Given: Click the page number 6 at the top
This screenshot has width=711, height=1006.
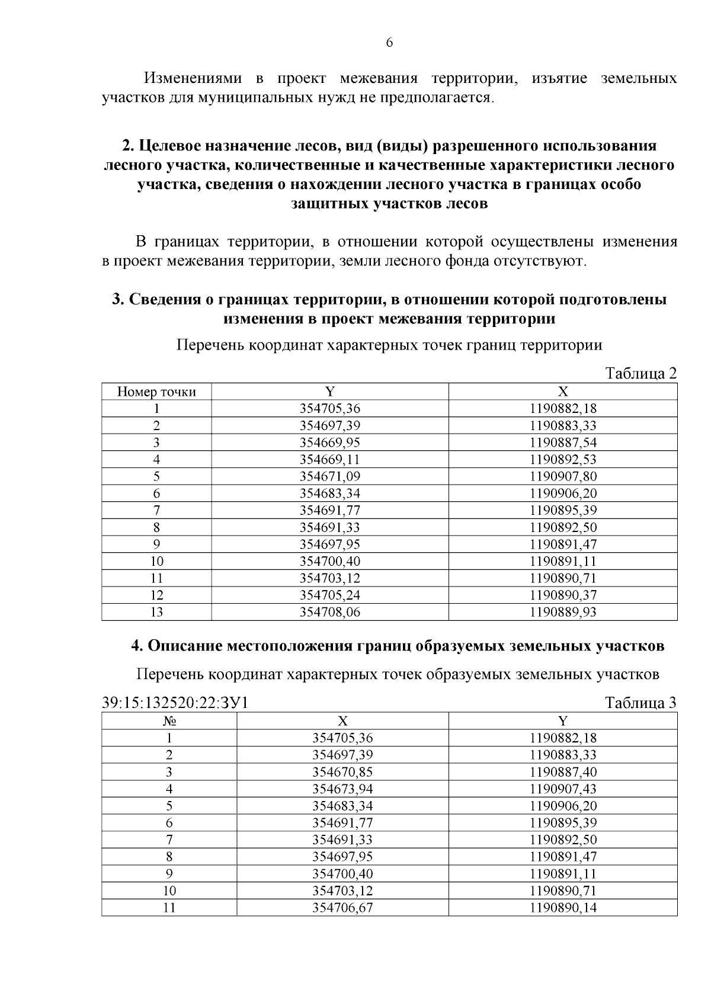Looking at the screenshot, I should (389, 43).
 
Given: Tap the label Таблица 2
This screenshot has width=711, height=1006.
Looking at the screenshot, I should (640, 374).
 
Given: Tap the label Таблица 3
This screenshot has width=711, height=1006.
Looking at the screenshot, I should (640, 703).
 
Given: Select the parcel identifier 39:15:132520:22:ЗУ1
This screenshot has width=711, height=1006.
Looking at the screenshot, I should (175, 703).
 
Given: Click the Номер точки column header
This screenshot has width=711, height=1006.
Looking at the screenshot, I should (156, 392).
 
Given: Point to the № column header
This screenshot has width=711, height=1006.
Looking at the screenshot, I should (169, 721).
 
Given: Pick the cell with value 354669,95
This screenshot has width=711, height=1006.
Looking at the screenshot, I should (330, 443).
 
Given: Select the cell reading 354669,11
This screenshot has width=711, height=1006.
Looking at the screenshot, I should (330, 460).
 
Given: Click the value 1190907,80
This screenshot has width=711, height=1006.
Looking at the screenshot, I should (563, 476).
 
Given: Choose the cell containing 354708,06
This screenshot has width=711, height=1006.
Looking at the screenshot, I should (330, 612).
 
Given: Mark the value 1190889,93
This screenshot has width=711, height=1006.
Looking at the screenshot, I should (563, 612).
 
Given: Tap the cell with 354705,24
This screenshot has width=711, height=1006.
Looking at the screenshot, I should (330, 595).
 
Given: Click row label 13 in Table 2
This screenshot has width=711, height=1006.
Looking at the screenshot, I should (156, 612).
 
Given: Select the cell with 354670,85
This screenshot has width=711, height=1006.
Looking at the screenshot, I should (342, 772).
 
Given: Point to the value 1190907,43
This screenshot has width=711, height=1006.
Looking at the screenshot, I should (563, 789).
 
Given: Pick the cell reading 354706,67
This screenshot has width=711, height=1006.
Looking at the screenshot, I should (342, 908).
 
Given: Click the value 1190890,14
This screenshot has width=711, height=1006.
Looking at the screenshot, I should (563, 908).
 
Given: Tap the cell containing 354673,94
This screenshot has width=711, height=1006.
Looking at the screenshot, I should (342, 789).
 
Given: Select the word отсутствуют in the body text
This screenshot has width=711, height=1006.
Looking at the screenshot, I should (539, 261).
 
